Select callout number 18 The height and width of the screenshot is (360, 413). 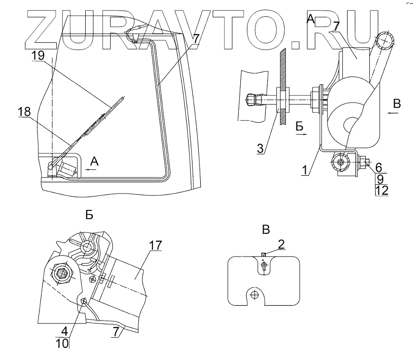pyautogui.click(x=24, y=112)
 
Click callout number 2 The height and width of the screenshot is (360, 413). pyautogui.click(x=282, y=244)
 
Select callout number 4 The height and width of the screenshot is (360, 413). pyautogui.click(x=65, y=332)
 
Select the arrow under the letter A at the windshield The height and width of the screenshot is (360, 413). pyautogui.click(x=91, y=169)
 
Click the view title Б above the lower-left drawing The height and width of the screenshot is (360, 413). pyautogui.click(x=89, y=215)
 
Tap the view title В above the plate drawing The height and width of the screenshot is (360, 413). pyautogui.click(x=265, y=230)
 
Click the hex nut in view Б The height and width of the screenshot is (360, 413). pyautogui.click(x=62, y=273)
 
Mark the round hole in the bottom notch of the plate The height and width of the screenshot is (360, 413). pyautogui.click(x=255, y=295)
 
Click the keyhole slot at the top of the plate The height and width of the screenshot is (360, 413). pyautogui.click(x=263, y=265)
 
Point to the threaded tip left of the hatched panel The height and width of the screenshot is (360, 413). pyautogui.click(x=251, y=101)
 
